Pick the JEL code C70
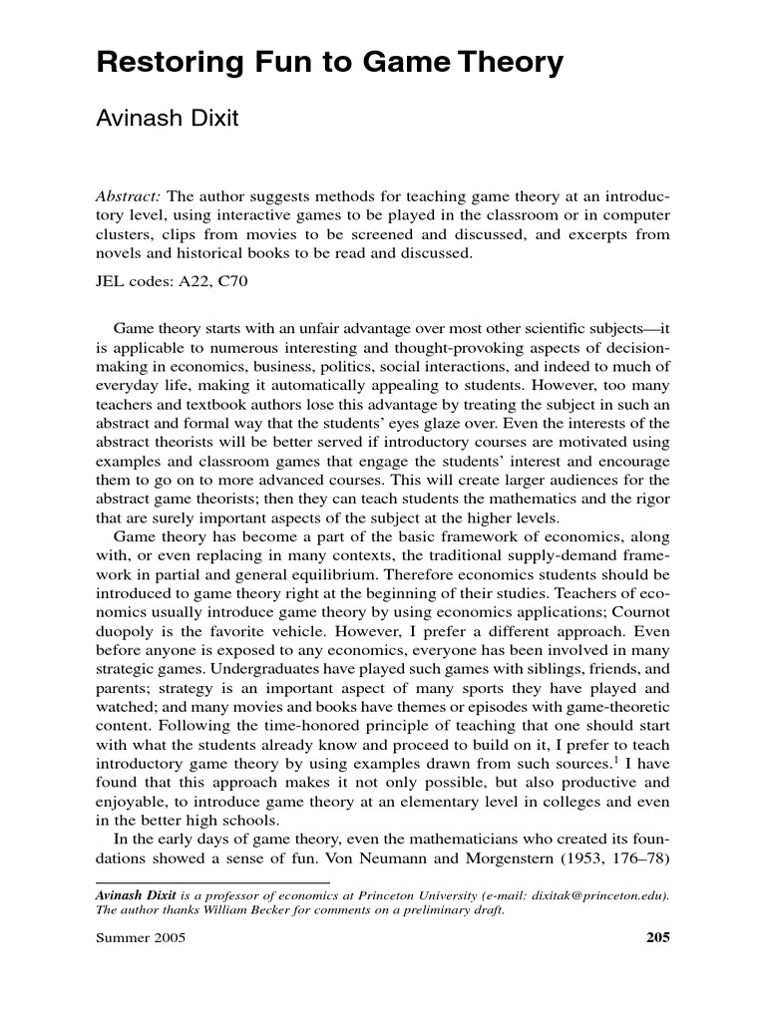240,281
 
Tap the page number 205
656,938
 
